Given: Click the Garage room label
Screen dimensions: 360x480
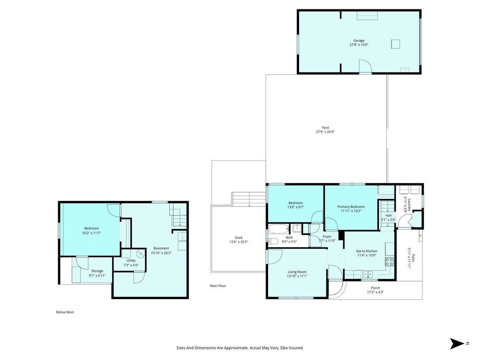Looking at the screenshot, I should pyautogui.click(x=359, y=41).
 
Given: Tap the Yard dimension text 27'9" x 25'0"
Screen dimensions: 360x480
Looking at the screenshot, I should pyautogui.click(x=325, y=132).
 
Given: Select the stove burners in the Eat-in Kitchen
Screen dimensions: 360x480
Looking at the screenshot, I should pyautogui.click(x=389, y=262).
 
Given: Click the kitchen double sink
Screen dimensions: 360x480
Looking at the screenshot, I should pyautogui.click(x=367, y=274).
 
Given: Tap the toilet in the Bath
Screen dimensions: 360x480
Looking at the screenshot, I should pyautogui.click(x=273, y=241).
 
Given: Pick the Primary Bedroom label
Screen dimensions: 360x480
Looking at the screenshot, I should pyautogui.click(x=351, y=207).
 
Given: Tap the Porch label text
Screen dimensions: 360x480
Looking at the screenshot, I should pyautogui.click(x=375, y=288).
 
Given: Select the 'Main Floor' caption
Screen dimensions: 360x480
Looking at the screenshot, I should pyautogui.click(x=217, y=285).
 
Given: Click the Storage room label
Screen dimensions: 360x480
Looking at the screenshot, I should pyautogui.click(x=97, y=271).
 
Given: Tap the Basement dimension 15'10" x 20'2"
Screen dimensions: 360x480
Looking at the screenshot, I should pyautogui.click(x=161, y=253).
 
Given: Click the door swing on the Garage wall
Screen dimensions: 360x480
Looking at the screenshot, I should pyautogui.click(x=365, y=67).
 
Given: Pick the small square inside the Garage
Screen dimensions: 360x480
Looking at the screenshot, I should pyautogui.click(x=396, y=44).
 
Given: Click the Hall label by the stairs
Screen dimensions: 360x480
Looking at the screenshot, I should pyautogui.click(x=389, y=215).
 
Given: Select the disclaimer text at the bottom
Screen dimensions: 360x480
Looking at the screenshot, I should pyautogui.click(x=240, y=348).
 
